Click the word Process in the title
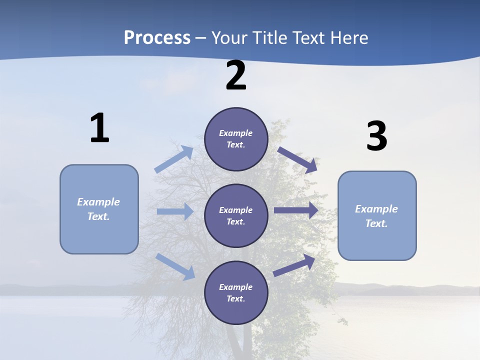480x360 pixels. [157, 37]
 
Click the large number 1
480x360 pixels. [99, 128]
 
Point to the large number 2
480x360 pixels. [236, 75]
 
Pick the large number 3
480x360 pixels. [376, 136]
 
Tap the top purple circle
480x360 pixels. [236, 139]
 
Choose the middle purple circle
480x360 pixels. [236, 216]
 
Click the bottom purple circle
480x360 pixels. [236, 292]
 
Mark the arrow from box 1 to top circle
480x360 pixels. [174, 159]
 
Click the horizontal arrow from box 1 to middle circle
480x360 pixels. [175, 211]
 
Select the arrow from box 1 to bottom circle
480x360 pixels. [175, 266]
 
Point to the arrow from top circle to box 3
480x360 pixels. [297, 159]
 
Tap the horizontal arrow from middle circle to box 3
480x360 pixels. [295, 210]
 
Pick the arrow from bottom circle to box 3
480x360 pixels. [294, 265]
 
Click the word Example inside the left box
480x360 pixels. [98, 202]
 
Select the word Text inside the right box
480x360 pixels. [376, 223]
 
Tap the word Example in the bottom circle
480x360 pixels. [236, 287]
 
